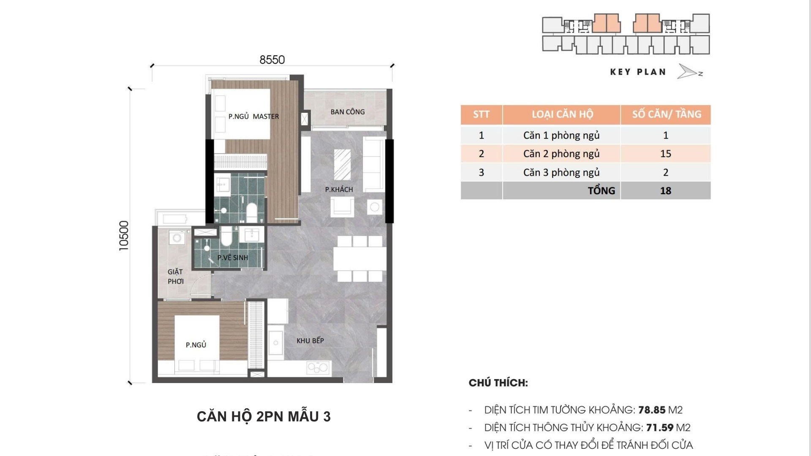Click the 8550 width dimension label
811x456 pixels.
point(272,60)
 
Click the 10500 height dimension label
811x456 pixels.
point(124,236)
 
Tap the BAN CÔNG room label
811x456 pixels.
point(348,112)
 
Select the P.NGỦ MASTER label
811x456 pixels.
point(253,117)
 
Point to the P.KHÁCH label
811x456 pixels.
point(339,190)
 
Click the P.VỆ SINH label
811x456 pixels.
point(233,258)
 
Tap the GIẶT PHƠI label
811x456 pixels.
point(175,277)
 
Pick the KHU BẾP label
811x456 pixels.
point(310,341)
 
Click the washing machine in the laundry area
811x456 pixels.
point(177,238)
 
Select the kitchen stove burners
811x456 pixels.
point(318,367)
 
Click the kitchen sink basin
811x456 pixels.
point(276,343)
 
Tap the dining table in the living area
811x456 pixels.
point(359,258)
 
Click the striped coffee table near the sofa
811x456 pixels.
point(343,164)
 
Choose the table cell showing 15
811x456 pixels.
point(666,154)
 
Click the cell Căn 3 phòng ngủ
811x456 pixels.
point(561,172)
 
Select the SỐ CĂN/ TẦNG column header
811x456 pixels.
point(666,114)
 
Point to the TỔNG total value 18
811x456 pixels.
point(666,191)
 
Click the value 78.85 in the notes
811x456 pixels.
point(652,410)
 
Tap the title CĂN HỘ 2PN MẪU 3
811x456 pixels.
point(264,417)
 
